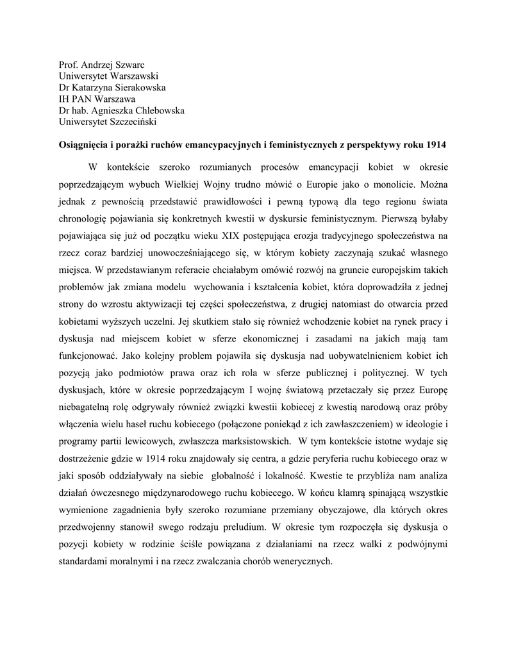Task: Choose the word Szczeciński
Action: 131,120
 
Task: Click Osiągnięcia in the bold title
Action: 83,145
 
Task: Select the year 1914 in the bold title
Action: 435,145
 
